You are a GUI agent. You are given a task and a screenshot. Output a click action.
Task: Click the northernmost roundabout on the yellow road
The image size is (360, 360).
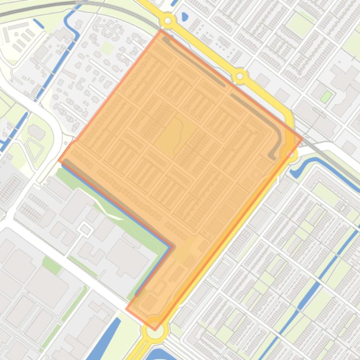[x=168, y=21]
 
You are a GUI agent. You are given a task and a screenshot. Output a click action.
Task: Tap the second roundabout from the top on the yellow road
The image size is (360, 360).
[x=240, y=75]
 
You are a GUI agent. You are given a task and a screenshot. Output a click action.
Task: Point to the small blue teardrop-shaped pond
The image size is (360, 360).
[x=184, y=18]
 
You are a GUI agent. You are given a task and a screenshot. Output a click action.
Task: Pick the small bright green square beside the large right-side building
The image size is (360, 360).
[x=326, y=97]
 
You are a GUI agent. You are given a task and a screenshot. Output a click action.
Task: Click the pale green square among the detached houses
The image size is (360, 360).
[x=107, y=47]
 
